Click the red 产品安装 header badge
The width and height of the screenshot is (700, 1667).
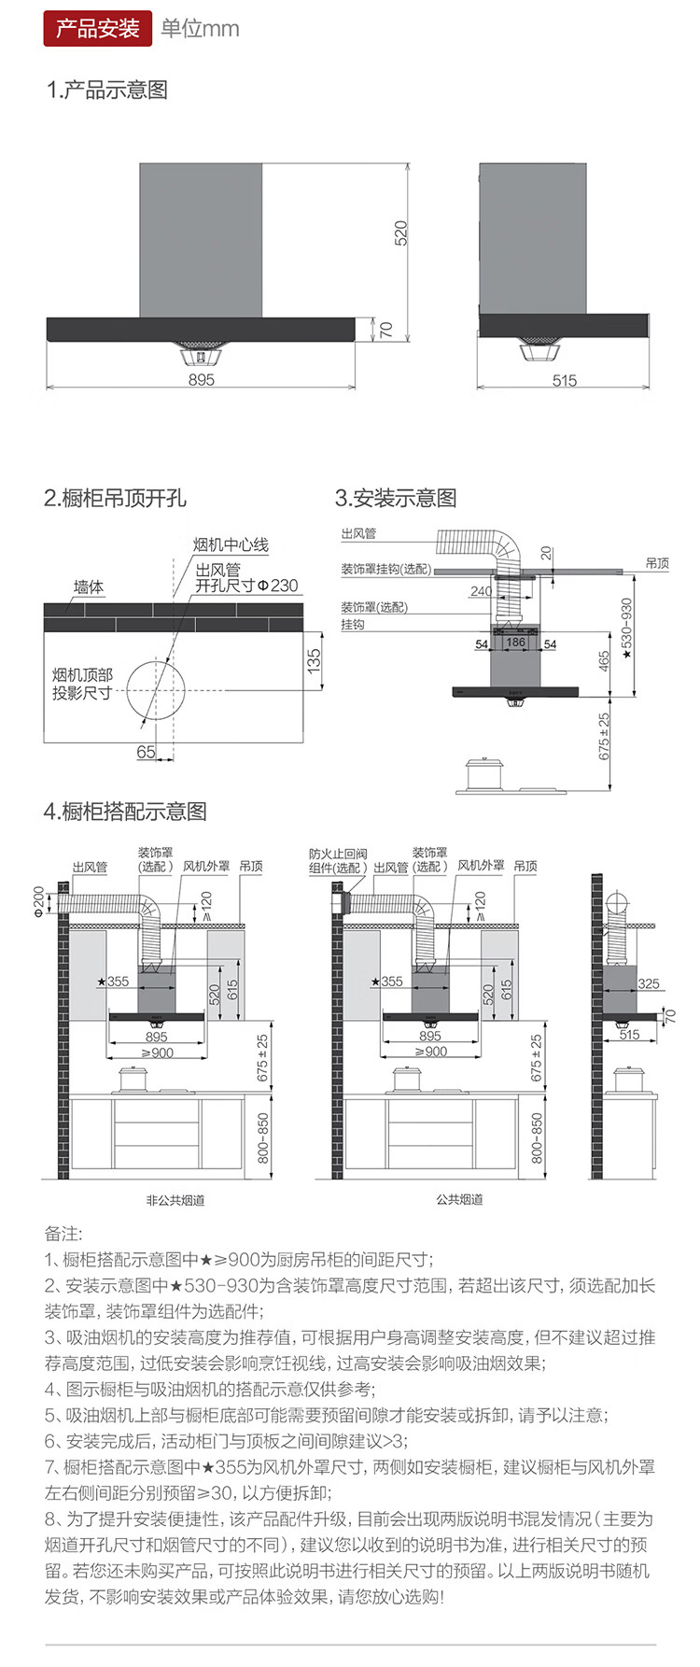point(97,28)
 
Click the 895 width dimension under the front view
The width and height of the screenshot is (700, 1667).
point(201,380)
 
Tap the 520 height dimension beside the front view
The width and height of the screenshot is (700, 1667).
point(400,233)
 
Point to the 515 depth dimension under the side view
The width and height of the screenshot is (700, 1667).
point(564,380)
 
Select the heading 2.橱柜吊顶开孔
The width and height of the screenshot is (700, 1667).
point(115,498)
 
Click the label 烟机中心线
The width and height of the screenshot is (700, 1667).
point(231,544)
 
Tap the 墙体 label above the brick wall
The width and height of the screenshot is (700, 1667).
point(89,586)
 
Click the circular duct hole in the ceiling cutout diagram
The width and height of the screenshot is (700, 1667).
point(156,690)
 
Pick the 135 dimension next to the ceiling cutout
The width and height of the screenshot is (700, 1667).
point(314,660)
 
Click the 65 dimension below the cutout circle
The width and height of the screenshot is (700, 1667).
point(146,752)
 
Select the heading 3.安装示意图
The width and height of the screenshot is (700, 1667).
point(396,498)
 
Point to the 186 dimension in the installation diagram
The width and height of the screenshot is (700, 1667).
point(515,643)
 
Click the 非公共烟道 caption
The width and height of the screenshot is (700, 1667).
point(175,1200)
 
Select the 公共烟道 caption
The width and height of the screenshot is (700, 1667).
point(459,1199)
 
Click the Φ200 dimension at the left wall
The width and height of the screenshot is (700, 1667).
point(39,901)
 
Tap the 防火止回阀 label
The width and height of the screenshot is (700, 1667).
point(338,854)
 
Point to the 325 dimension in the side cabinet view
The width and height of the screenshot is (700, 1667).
point(649,983)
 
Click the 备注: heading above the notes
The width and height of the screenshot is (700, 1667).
point(63,1234)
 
